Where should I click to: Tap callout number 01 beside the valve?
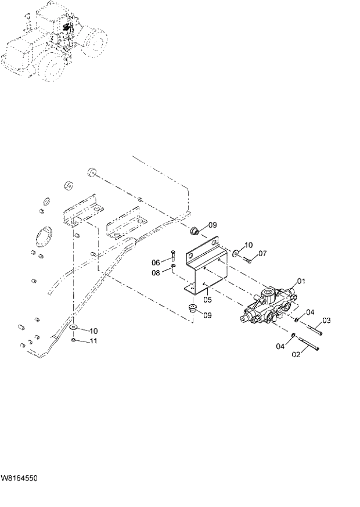click(x=301, y=281)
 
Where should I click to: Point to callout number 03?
click(x=326, y=321)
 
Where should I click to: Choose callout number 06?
click(x=156, y=262)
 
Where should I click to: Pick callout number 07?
click(x=262, y=253)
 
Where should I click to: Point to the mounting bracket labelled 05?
click(x=203, y=267)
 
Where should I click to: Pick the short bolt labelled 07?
click(x=247, y=259)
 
